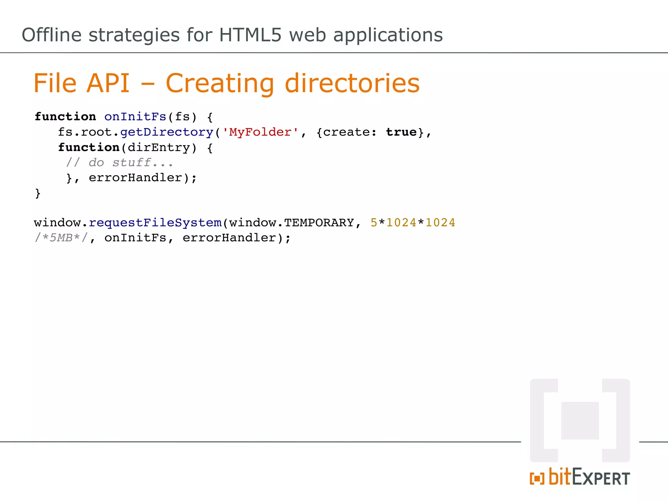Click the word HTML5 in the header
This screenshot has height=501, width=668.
250,35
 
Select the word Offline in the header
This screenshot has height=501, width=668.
52,35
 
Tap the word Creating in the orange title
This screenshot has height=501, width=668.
220,83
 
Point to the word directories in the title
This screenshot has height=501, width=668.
352,83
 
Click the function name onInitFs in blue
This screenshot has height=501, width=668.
135,117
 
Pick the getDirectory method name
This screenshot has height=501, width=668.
167,132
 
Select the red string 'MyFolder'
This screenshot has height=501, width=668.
260,132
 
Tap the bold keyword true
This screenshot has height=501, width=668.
402,132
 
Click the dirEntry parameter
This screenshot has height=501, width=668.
159,147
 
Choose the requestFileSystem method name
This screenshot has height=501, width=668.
155,223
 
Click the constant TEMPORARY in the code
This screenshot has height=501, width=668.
319,223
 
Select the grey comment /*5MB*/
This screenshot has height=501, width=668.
61,238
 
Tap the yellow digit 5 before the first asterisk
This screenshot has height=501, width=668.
374,223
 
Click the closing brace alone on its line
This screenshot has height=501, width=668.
38,193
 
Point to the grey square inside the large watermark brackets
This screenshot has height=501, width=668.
580,420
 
